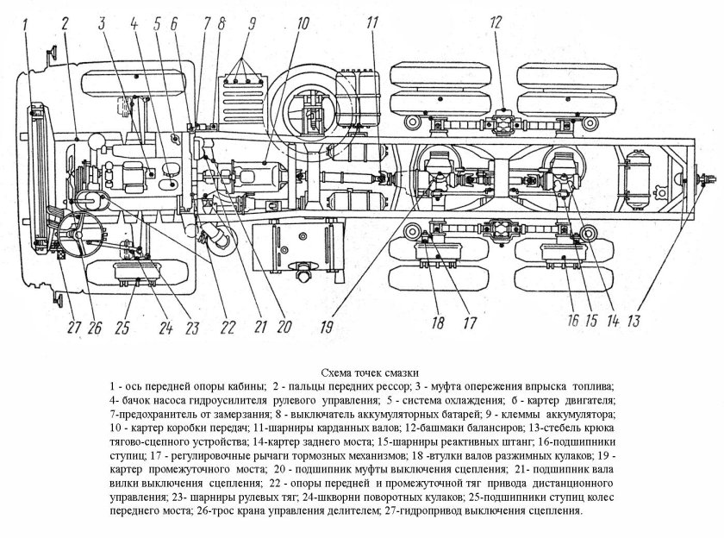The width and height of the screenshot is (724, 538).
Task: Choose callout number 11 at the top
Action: click(371, 22)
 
